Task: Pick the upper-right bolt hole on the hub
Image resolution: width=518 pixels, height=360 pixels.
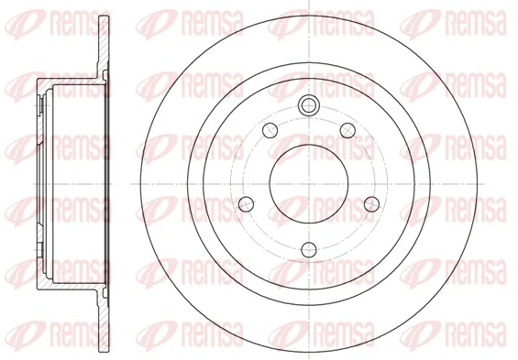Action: tap(347, 131)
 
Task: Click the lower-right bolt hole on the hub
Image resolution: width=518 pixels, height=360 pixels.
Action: tap(371, 204)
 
